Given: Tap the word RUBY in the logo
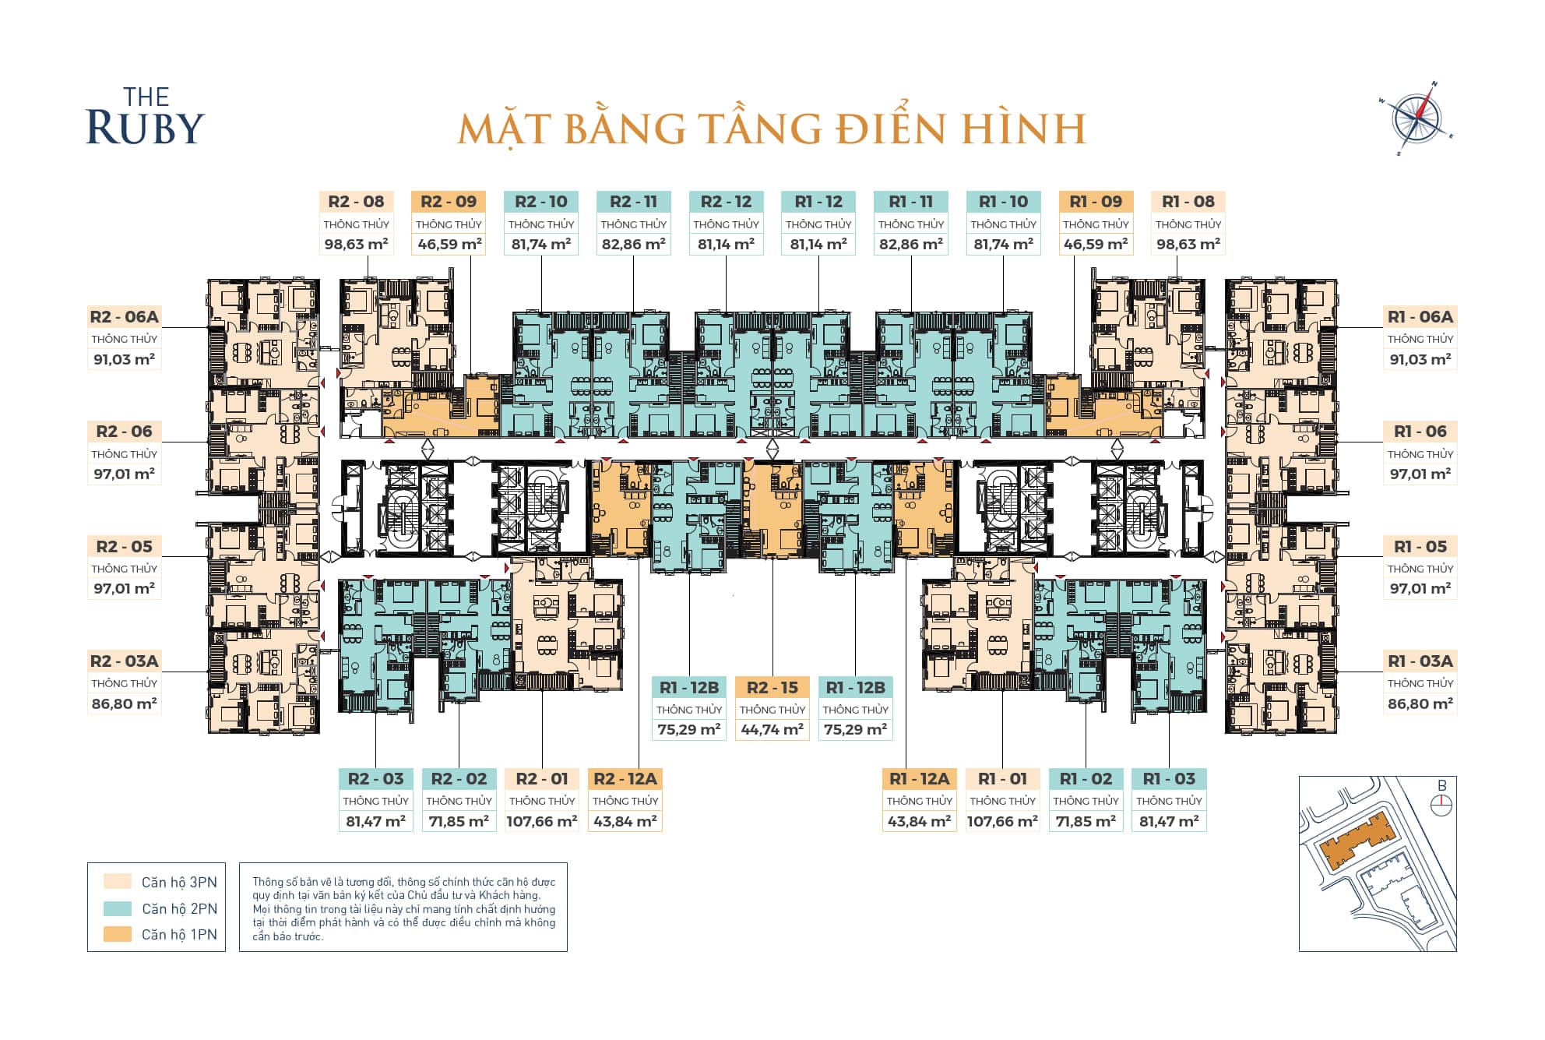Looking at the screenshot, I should (145, 128).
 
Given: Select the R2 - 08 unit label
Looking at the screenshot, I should (356, 202).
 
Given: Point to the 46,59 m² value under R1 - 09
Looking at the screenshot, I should (1095, 244).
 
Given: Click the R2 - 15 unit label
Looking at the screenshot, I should (772, 688).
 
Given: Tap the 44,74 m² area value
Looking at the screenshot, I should (772, 730).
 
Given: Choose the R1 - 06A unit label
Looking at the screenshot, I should (1420, 317).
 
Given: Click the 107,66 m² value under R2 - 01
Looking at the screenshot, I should (541, 821).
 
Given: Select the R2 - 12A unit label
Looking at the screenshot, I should (625, 779).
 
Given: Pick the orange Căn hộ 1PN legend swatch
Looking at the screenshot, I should (118, 934).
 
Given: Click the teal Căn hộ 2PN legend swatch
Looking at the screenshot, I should (118, 908).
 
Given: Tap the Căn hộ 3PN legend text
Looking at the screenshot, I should (179, 883).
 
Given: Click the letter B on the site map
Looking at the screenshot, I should (1442, 786).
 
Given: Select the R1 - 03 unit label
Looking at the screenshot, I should (1168, 779).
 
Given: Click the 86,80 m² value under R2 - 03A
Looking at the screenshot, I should (124, 703).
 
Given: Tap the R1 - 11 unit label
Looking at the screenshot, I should (910, 202).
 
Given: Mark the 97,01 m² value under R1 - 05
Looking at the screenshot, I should (1420, 589).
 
